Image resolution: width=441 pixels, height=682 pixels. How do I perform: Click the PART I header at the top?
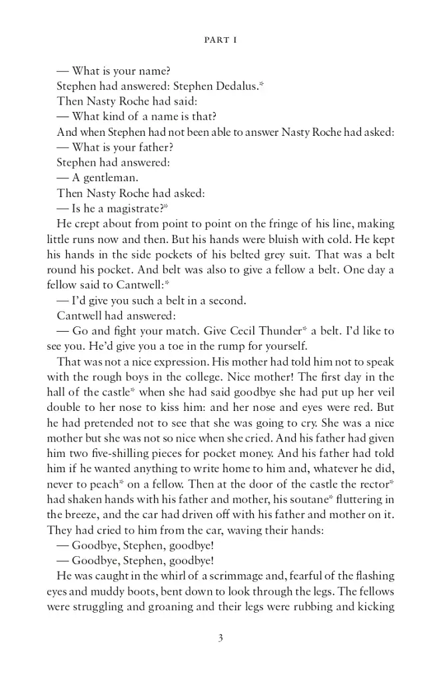click(x=220, y=40)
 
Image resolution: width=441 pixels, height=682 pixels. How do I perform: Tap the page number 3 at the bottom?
click(x=220, y=638)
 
